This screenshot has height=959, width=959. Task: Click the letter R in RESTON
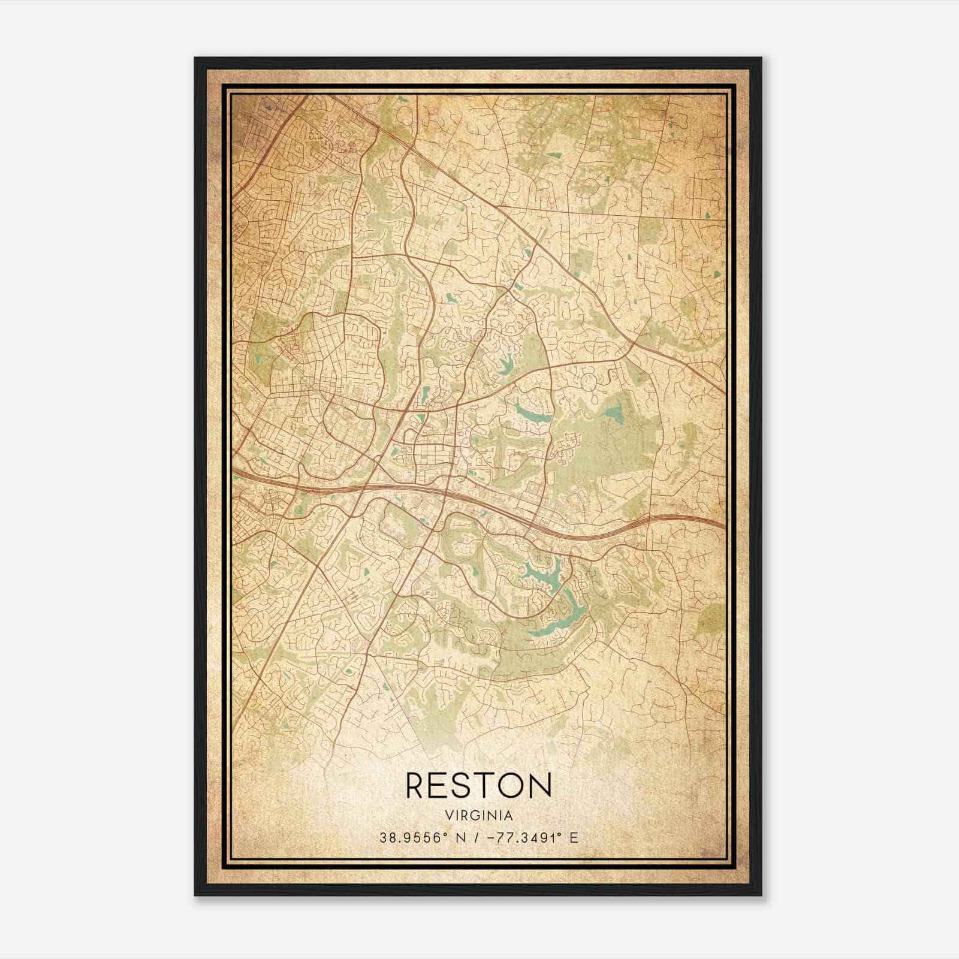[418, 785]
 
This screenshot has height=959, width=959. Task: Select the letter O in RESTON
[514, 785]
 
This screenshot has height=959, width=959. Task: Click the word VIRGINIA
[479, 816]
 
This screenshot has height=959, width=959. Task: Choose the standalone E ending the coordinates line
[574, 838]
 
